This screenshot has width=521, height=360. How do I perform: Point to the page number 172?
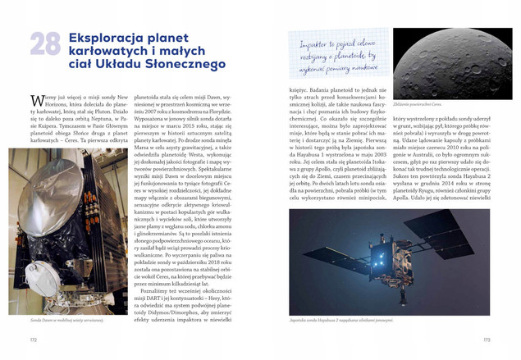coord(34,339)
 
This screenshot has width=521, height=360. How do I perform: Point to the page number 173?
coord(486,339)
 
